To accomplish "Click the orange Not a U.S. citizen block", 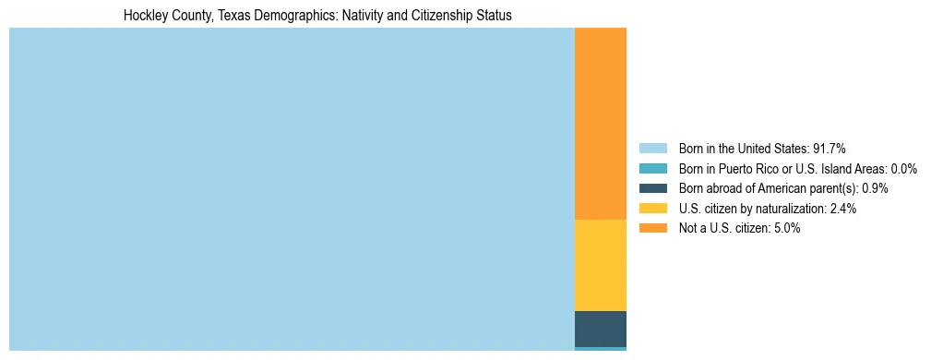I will (600, 124).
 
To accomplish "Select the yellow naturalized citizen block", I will (600, 265).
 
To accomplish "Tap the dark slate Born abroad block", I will (600, 329).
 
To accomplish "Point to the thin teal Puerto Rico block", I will (600, 349).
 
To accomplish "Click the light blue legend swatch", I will (652, 148).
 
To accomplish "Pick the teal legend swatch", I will (652, 168).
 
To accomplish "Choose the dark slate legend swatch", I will (652, 188).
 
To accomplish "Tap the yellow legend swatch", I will (652, 209).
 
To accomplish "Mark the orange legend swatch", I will (652, 228).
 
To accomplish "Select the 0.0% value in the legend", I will (904, 168).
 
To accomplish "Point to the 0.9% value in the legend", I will (875, 188).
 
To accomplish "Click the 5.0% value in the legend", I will (786, 228).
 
